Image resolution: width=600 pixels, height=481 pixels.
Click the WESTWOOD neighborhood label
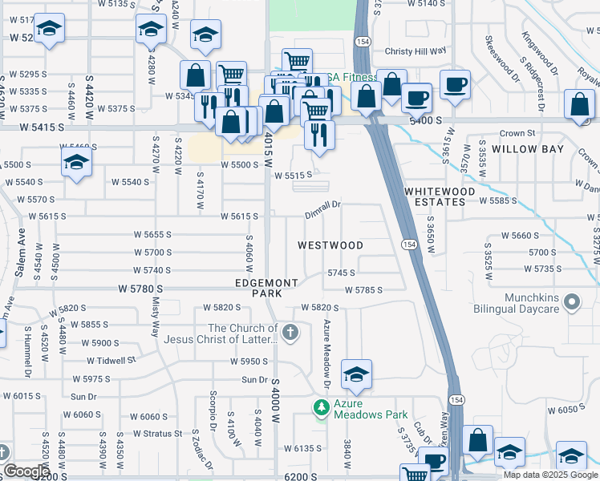(x=330, y=245)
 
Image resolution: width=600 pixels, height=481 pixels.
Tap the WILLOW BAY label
(x=528, y=149)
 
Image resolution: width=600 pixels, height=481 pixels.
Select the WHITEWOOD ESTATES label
(x=435, y=196)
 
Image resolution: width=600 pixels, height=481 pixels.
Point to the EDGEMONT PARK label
(x=267, y=289)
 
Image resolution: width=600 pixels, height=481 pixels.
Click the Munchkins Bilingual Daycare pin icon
(x=571, y=303)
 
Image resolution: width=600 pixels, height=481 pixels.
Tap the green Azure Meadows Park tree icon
(x=322, y=408)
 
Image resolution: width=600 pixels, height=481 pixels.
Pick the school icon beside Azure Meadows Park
(x=356, y=374)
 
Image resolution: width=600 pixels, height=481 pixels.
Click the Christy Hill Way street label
(x=415, y=51)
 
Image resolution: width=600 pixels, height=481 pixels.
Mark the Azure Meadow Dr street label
(x=328, y=346)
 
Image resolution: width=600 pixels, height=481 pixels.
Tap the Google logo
(x=26, y=471)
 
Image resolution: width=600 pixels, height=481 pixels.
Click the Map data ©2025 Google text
(x=549, y=475)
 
